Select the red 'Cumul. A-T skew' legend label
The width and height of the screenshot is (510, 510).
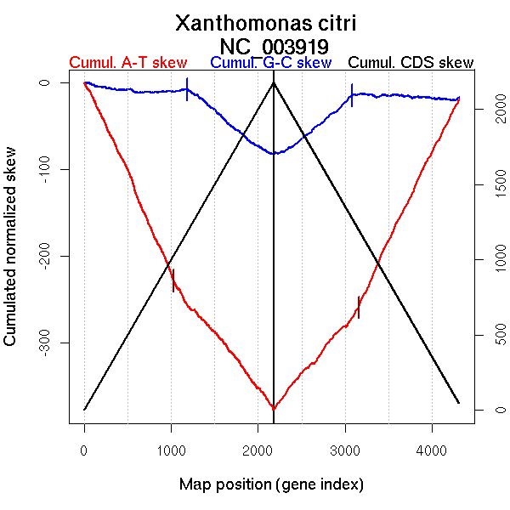coord(127,63)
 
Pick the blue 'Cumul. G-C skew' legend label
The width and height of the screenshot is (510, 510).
coord(270,63)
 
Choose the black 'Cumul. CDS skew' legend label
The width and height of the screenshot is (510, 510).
coord(411,63)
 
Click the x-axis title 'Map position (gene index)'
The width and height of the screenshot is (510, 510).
coord(271,485)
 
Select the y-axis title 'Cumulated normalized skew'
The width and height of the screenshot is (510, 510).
coord(11,257)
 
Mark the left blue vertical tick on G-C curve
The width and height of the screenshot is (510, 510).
coord(187,89)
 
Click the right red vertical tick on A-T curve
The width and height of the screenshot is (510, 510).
coord(359,307)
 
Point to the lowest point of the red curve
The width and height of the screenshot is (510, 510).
coord(274,409)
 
